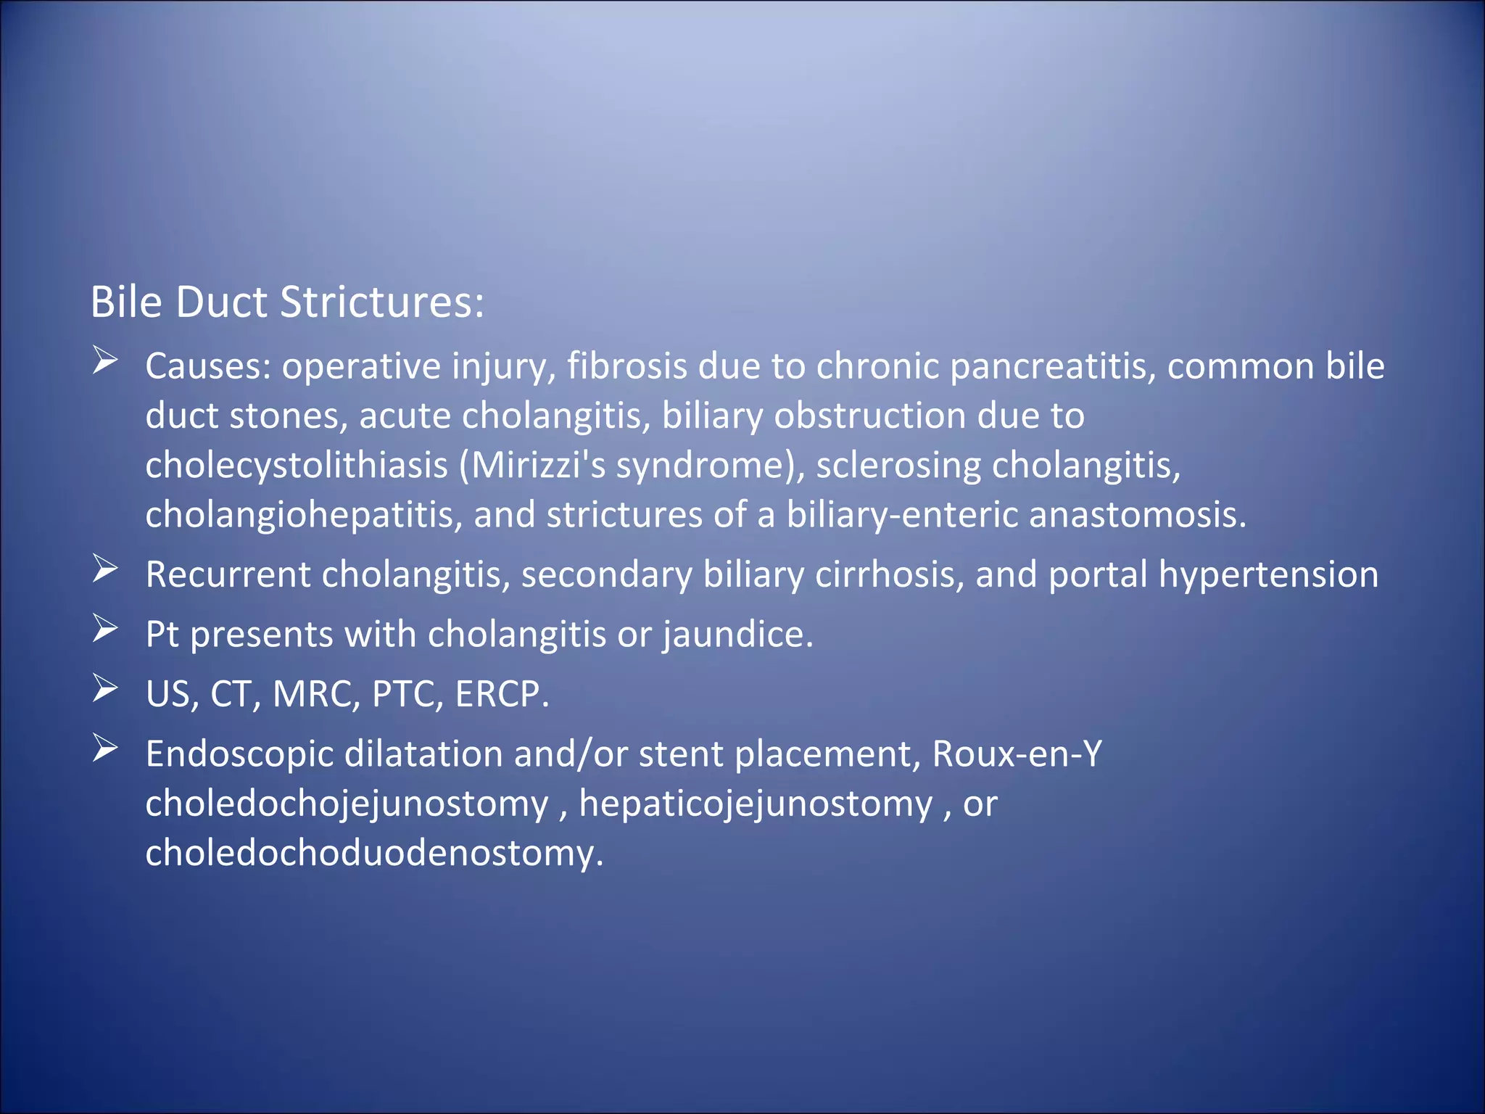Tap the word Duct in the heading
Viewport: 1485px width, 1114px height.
click(x=221, y=302)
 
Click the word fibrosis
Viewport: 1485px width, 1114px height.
click(x=626, y=366)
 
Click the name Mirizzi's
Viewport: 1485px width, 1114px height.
click(x=537, y=465)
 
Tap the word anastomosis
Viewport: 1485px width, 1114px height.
click(x=1137, y=515)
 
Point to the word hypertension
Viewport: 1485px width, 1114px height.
click(x=1268, y=574)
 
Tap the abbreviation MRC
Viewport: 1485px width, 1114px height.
click(x=316, y=694)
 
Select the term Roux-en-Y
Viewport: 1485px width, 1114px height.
click(x=1017, y=754)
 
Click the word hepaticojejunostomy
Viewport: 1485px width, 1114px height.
click(x=756, y=804)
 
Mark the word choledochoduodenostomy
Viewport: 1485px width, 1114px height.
click(x=374, y=853)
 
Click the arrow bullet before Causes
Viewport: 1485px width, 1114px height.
click(x=105, y=360)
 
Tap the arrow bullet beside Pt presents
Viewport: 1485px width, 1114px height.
click(x=105, y=629)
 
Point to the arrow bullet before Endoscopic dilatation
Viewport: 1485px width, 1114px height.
click(x=105, y=748)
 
